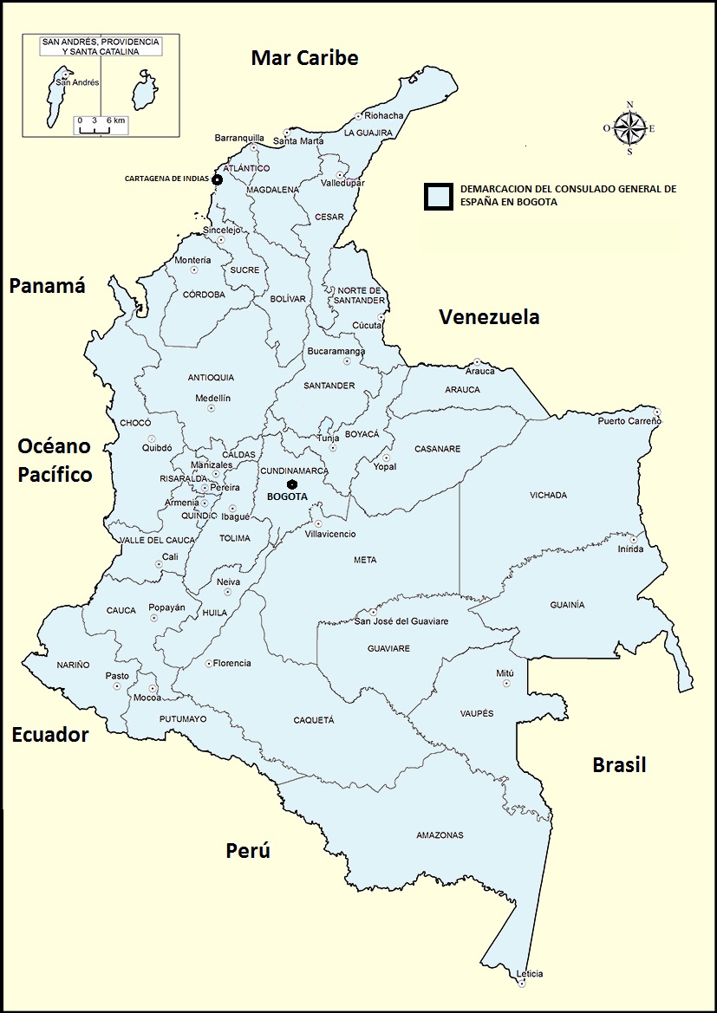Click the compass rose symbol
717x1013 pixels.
coord(629,128)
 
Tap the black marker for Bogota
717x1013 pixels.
coord(293,484)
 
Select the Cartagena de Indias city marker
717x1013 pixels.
coord(217,179)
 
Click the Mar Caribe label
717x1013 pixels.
coord(304,58)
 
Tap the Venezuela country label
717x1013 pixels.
coord(489,317)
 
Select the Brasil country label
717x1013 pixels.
coord(619,765)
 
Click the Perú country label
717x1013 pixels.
coord(248,851)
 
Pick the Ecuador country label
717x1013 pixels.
coord(50,736)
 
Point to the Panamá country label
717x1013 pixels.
coord(47,287)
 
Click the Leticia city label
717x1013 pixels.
coord(529,974)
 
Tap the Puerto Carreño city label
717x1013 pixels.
coord(629,421)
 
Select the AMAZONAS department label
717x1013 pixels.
coord(440,835)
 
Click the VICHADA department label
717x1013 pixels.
coord(548,496)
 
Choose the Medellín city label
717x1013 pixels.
coord(212,398)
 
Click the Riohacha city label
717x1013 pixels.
coord(384,115)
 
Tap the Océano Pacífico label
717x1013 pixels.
coord(55,460)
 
